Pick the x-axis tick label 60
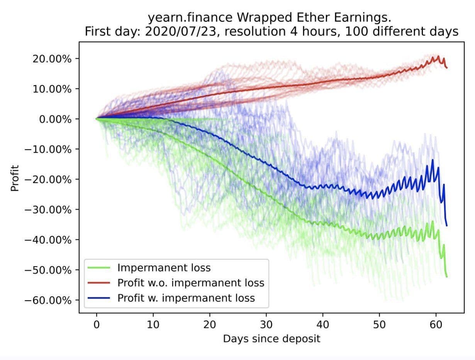(436, 325)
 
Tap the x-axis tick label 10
(153, 325)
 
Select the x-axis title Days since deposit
(271, 339)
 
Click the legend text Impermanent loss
(164, 268)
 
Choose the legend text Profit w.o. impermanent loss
(191, 283)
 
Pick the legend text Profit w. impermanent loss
(186, 298)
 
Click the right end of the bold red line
(447, 68)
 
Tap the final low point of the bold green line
(447, 277)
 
